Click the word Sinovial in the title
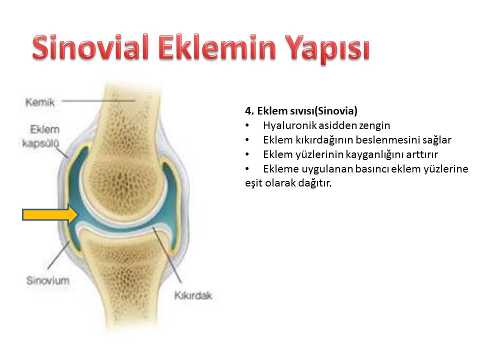click(x=90, y=47)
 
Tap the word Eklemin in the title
click(x=217, y=47)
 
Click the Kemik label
click(x=40, y=102)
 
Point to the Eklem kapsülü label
click(x=41, y=136)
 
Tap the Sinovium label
click(x=48, y=280)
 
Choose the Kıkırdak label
click(x=193, y=295)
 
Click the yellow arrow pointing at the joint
click(x=51, y=215)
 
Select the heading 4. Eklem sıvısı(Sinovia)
click(x=301, y=110)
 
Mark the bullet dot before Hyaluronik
click(x=247, y=125)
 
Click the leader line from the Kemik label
click(x=98, y=100)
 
